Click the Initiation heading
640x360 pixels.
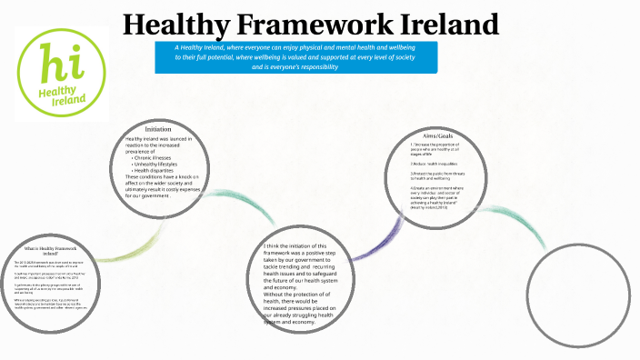[158, 129]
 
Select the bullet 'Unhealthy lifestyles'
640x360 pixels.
[160, 163]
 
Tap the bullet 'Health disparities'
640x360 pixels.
[156, 170]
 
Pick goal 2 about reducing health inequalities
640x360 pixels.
[434, 164]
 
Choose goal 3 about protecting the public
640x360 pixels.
[441, 175]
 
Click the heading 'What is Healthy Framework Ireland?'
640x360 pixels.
[52, 251]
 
